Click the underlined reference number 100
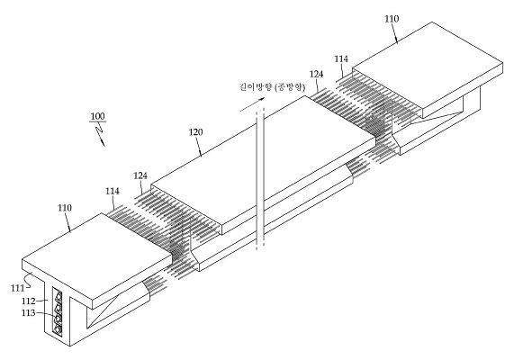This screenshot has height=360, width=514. [98, 116]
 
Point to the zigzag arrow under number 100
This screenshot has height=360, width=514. [100, 134]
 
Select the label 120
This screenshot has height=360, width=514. [195, 132]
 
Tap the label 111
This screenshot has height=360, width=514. [17, 288]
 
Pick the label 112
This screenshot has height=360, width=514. [28, 301]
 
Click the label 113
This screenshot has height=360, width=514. [28, 313]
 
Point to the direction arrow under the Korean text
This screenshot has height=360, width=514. [252, 104]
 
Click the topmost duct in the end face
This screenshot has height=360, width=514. [59, 296]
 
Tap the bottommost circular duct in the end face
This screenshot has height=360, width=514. [58, 328]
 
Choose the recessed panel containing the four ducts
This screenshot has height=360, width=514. [58, 311]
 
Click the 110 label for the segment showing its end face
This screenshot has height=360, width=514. [65, 208]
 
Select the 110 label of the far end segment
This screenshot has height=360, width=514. [392, 19]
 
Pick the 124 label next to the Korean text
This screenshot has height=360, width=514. [316, 74]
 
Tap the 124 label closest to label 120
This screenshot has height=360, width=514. [140, 175]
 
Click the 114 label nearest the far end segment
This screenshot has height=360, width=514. [341, 59]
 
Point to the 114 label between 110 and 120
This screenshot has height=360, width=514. [113, 191]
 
